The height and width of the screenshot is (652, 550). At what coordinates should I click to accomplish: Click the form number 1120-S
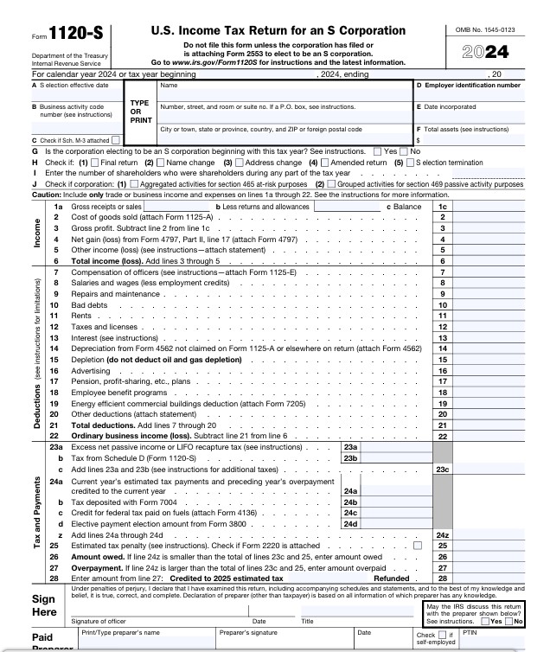(x=71, y=35)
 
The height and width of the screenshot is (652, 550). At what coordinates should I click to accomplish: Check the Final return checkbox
(x=96, y=163)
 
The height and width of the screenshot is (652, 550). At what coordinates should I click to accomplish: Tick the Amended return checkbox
(x=326, y=163)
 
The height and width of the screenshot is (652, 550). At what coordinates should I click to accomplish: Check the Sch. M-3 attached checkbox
(x=116, y=140)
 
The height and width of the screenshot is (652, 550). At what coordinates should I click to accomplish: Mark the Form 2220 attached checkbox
(x=419, y=546)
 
